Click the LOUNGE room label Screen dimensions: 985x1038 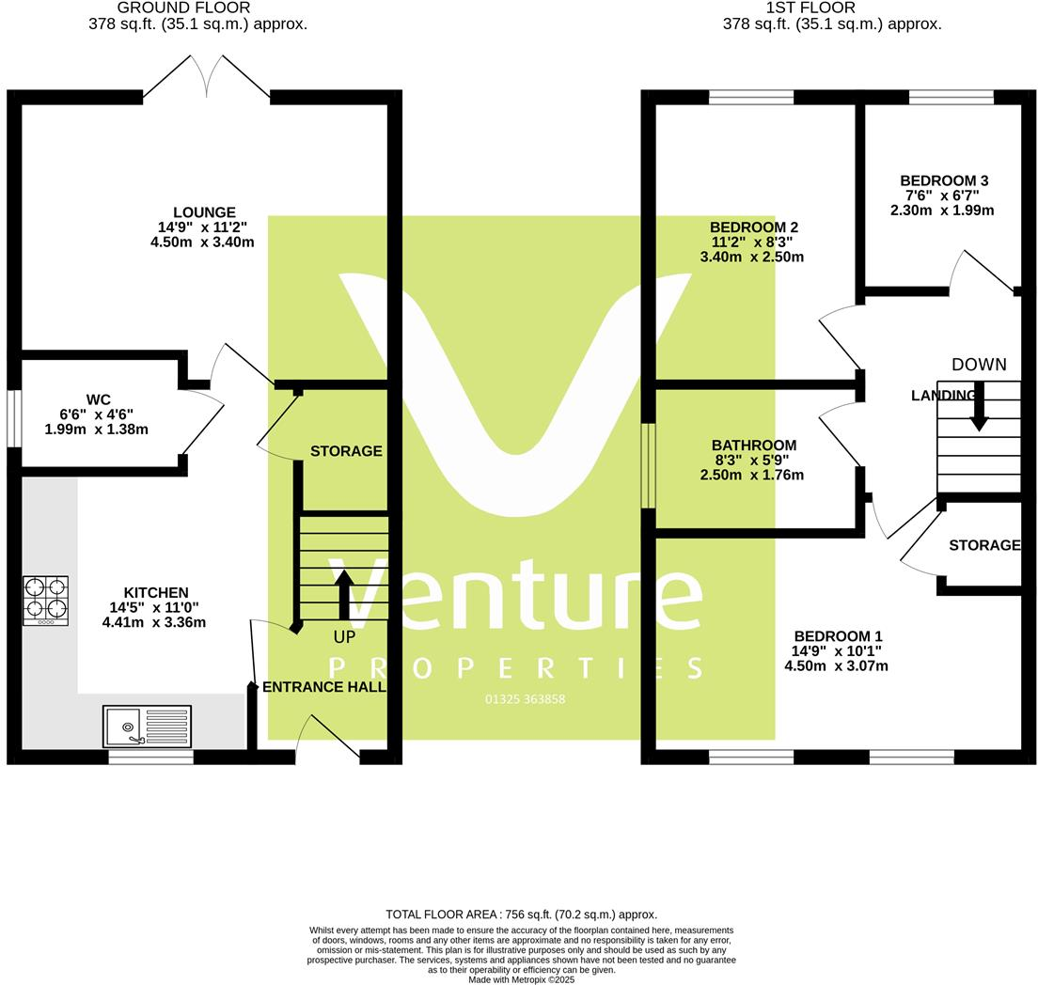204,212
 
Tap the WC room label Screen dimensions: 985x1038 98,399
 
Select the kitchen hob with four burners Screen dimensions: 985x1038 46,601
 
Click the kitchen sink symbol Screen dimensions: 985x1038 148,727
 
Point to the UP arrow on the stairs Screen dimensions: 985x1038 344,594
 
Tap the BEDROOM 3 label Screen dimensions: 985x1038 943,180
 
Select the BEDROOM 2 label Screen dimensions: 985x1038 753,227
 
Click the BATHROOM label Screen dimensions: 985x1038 753,446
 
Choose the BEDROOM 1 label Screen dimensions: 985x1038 837,635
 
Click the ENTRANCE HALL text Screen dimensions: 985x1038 324,687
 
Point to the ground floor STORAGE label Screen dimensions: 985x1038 346,451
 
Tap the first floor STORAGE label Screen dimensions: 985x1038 984,545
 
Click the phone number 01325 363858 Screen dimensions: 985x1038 525,699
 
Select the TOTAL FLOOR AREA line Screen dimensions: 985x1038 521,914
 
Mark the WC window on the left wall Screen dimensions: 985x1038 14,418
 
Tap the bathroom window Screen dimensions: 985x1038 648,466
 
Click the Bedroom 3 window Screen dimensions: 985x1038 951,97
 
